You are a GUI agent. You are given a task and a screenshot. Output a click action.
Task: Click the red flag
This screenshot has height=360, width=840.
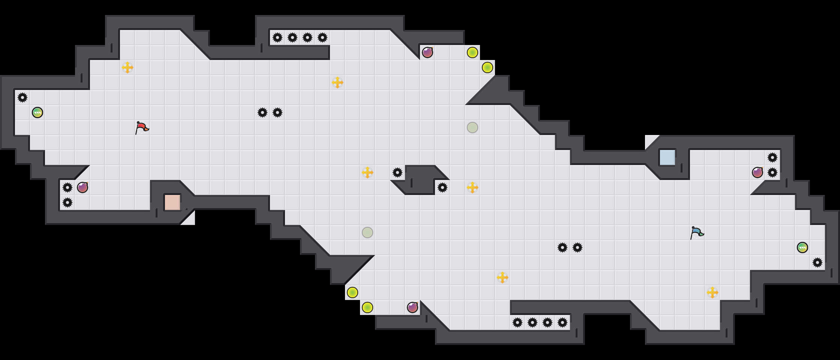(142, 128)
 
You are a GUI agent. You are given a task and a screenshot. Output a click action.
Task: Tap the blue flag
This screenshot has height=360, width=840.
(697, 233)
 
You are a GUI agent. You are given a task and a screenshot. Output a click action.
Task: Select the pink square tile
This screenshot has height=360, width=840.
(172, 202)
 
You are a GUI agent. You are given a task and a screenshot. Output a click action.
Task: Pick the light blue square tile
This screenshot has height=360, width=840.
(667, 157)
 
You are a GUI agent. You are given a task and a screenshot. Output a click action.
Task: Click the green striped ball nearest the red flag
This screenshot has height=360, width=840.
(37, 112)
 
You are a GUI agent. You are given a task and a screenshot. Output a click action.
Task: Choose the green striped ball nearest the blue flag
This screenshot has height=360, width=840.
(802, 247)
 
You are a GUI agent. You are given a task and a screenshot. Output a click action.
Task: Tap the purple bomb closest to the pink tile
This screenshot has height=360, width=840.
(82, 187)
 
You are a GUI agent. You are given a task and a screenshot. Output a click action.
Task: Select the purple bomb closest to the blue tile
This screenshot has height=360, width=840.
(757, 172)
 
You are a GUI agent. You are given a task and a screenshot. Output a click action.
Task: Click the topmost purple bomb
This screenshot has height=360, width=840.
(427, 52)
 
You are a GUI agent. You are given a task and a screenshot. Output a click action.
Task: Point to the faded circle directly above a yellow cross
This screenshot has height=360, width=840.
(472, 127)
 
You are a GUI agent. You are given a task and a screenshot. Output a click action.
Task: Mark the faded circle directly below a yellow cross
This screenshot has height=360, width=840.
(367, 232)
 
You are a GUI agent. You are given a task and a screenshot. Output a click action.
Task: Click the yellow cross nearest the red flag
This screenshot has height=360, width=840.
(127, 67)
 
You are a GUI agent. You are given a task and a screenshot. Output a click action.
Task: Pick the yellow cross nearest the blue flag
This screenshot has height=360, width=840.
(712, 292)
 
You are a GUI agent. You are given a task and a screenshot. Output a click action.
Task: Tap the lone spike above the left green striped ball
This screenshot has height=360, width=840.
(22, 97)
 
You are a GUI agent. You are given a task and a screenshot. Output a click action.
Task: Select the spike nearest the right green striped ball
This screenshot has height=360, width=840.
(817, 262)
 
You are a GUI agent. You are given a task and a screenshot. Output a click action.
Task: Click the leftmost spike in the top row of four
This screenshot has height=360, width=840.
(277, 37)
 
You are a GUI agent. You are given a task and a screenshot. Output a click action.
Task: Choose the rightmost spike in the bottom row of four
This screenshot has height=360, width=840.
(562, 322)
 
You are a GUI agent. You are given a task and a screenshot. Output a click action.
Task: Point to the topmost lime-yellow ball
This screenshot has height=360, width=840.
(472, 52)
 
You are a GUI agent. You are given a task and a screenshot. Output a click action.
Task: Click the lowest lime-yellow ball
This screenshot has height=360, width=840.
(367, 307)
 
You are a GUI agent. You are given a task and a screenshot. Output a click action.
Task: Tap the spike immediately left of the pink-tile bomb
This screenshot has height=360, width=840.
(67, 187)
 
